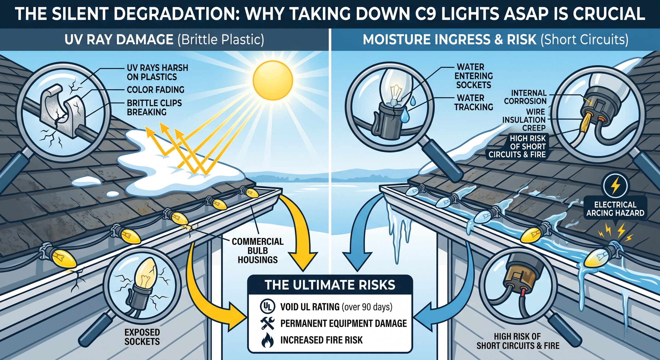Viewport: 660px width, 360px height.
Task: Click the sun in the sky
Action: [x=273, y=80]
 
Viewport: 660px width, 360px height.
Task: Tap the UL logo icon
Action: [x=267, y=306]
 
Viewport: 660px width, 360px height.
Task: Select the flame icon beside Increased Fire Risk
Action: [x=267, y=340]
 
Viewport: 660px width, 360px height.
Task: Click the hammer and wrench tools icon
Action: [x=267, y=323]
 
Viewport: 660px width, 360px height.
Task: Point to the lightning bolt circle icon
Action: [x=615, y=186]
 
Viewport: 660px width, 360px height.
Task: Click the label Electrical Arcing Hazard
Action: [x=615, y=209]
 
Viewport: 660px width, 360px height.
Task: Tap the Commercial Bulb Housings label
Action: [x=258, y=250]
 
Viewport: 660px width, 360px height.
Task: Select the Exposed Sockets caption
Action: [x=142, y=337]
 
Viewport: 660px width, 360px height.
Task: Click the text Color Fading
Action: [x=155, y=90]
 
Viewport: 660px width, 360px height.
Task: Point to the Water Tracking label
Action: [x=473, y=102]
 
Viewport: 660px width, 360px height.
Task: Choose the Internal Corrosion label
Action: [x=525, y=97]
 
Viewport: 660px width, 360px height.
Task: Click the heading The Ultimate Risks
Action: [x=330, y=285]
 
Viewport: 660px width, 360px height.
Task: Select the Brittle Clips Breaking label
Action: [x=154, y=107]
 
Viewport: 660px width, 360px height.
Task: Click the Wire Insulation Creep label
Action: [x=524, y=120]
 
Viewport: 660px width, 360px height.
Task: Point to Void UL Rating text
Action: [x=336, y=307]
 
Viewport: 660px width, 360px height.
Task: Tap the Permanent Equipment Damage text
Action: [x=343, y=323]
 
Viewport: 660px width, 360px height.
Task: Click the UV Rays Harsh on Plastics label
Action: [x=157, y=72]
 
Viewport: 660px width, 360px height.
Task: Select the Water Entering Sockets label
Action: [x=474, y=76]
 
